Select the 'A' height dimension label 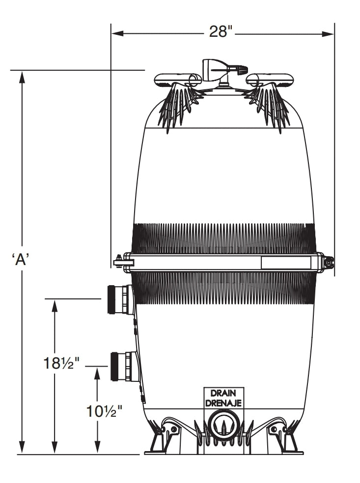(21, 259)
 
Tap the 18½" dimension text (61, 363)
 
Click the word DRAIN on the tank (223, 393)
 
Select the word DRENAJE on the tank (223, 402)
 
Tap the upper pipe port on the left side (119, 299)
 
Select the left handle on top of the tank (177, 80)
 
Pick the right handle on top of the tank (270, 80)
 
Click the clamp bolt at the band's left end (119, 262)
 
